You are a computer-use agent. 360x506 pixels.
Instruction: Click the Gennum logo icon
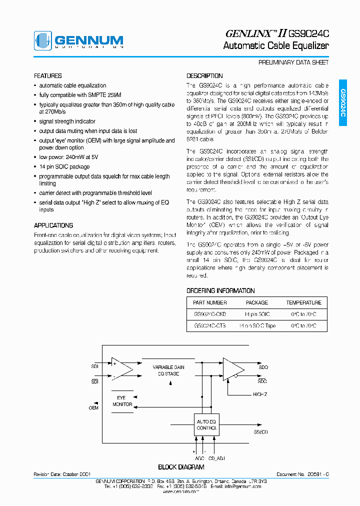pyautogui.click(x=42, y=40)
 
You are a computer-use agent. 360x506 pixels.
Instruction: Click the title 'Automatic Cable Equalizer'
pyautogui.click(x=275, y=46)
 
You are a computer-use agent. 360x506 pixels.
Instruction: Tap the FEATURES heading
pyautogui.click(x=48, y=76)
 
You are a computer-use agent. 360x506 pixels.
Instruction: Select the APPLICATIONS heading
pyautogui.click(x=53, y=225)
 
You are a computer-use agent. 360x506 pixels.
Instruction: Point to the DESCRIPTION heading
pyautogui.click(x=204, y=76)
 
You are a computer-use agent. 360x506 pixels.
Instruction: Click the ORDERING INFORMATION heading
pyautogui.click(x=220, y=290)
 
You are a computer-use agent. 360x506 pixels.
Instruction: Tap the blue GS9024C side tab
pyautogui.click(x=342, y=102)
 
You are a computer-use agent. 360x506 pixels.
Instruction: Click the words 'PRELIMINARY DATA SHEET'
pyautogui.click(x=293, y=63)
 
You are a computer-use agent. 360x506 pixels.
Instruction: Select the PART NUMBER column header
pyautogui.click(x=210, y=302)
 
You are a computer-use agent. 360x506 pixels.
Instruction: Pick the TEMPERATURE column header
pyautogui.click(x=303, y=302)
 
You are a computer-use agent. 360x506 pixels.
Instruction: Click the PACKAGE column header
pyautogui.click(x=257, y=302)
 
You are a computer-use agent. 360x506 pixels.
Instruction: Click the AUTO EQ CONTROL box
pyautogui.click(x=206, y=425)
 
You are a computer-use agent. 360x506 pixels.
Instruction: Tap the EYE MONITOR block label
pyautogui.click(x=122, y=401)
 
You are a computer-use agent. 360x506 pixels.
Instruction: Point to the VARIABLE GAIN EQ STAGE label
pyautogui.click(x=168, y=370)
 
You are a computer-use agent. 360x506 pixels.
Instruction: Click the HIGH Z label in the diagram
pyautogui.click(x=260, y=394)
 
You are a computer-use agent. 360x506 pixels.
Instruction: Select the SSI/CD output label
pyautogui.click(x=260, y=431)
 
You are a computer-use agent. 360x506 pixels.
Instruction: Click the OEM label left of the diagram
pyautogui.click(x=93, y=407)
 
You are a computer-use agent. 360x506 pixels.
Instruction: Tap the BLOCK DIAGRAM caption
pyautogui.click(x=181, y=467)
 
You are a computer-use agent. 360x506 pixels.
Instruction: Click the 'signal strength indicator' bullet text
pyautogui.click(x=67, y=121)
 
